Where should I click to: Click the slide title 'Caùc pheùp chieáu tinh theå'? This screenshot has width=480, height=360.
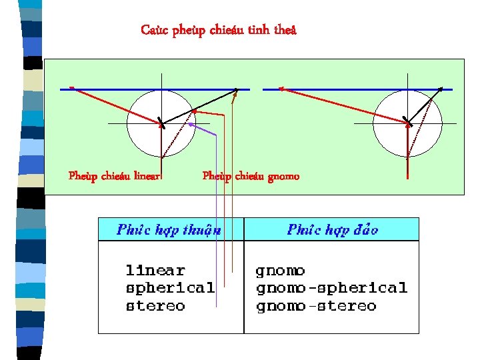[x=219, y=30]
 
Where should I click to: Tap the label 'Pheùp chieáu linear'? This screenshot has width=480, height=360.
[x=115, y=176]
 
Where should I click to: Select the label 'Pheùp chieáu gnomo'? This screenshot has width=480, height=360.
[x=251, y=176]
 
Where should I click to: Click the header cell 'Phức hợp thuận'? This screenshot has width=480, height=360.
[x=169, y=230]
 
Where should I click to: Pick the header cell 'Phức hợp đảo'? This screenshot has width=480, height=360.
[x=333, y=230]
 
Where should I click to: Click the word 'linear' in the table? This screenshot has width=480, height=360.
[x=155, y=271]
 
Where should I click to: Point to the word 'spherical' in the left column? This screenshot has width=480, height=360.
[x=170, y=289]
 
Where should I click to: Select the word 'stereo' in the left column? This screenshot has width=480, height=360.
[x=155, y=307]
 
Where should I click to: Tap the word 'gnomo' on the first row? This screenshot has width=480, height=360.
[x=280, y=271]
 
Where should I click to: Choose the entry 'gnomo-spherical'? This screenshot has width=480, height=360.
[x=331, y=289]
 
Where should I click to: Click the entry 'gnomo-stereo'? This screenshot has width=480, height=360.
[x=316, y=307]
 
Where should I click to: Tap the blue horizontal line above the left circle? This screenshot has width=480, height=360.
[x=153, y=89]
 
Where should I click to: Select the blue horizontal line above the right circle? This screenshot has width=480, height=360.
[x=360, y=89]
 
